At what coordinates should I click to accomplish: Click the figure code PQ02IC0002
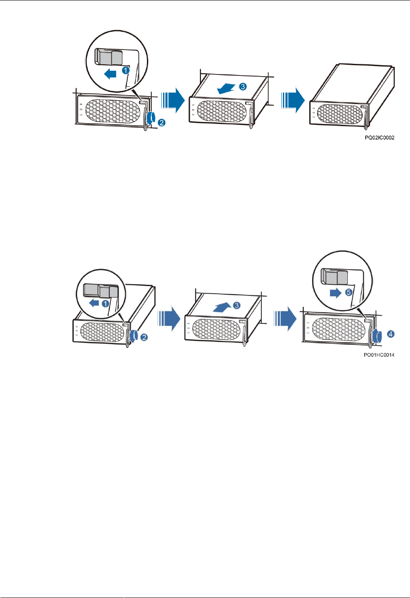(380, 138)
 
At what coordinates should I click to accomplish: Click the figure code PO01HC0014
(379, 355)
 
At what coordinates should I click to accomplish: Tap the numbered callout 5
(349, 292)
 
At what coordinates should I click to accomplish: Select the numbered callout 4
(391, 334)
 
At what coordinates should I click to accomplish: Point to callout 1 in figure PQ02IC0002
(126, 70)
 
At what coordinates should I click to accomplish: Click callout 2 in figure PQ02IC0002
(161, 123)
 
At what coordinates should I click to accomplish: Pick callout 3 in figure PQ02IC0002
(243, 86)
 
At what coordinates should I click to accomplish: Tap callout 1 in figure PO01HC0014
(105, 303)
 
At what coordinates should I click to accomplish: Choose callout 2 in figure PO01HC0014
(144, 337)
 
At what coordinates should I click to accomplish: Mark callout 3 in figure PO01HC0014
(237, 305)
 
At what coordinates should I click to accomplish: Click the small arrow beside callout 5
(335, 293)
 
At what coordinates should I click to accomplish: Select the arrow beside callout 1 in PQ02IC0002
(110, 74)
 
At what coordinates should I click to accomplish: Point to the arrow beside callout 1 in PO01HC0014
(93, 303)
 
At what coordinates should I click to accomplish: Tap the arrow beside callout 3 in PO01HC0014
(222, 307)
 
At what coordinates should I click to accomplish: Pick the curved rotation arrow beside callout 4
(378, 336)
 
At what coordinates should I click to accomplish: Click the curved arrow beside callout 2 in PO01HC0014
(134, 336)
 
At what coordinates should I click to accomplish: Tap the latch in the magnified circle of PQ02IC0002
(109, 57)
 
